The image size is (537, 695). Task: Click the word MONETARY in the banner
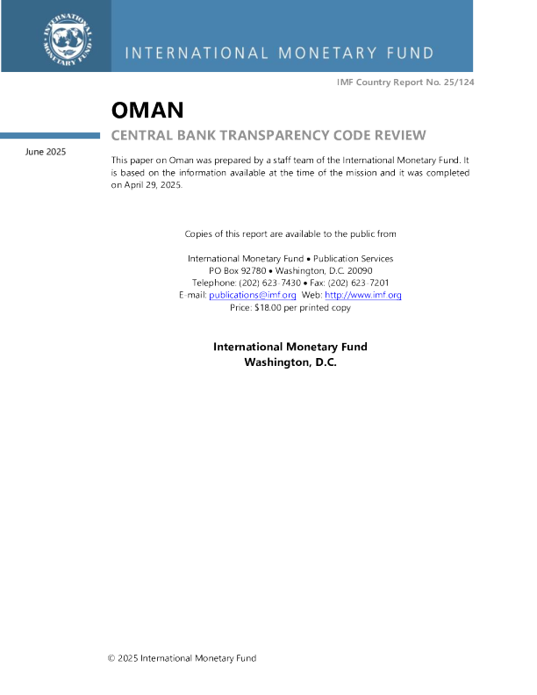327,54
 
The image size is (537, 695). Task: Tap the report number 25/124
459,82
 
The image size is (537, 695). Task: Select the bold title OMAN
147,110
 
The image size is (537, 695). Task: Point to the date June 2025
46,152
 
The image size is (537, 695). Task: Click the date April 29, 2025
153,185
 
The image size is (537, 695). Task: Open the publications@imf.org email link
253,295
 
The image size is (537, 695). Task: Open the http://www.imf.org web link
363,295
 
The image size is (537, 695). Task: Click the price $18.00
268,307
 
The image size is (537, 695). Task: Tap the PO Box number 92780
254,270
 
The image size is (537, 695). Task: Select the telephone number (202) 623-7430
270,283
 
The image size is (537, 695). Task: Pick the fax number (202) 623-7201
359,283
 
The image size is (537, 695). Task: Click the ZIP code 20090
360,270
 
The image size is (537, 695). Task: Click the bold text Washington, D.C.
290,362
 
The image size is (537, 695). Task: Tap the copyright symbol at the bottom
111,658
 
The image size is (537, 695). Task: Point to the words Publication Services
353,258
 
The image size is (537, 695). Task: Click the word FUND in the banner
411,54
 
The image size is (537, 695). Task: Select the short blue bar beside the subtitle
50,135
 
